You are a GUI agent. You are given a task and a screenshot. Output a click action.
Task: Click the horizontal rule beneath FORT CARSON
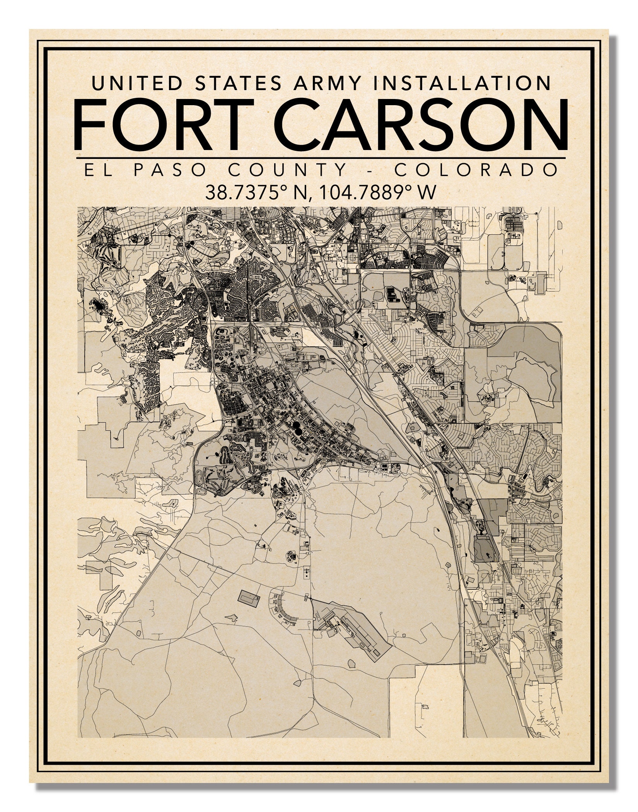pyautogui.click(x=321, y=158)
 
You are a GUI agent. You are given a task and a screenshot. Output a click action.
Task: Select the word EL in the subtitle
pyautogui.click(x=94, y=170)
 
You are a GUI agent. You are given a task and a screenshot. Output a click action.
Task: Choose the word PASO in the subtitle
pyautogui.click(x=169, y=170)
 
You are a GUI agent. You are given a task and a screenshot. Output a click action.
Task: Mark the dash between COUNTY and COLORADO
pyautogui.click(x=370, y=170)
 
